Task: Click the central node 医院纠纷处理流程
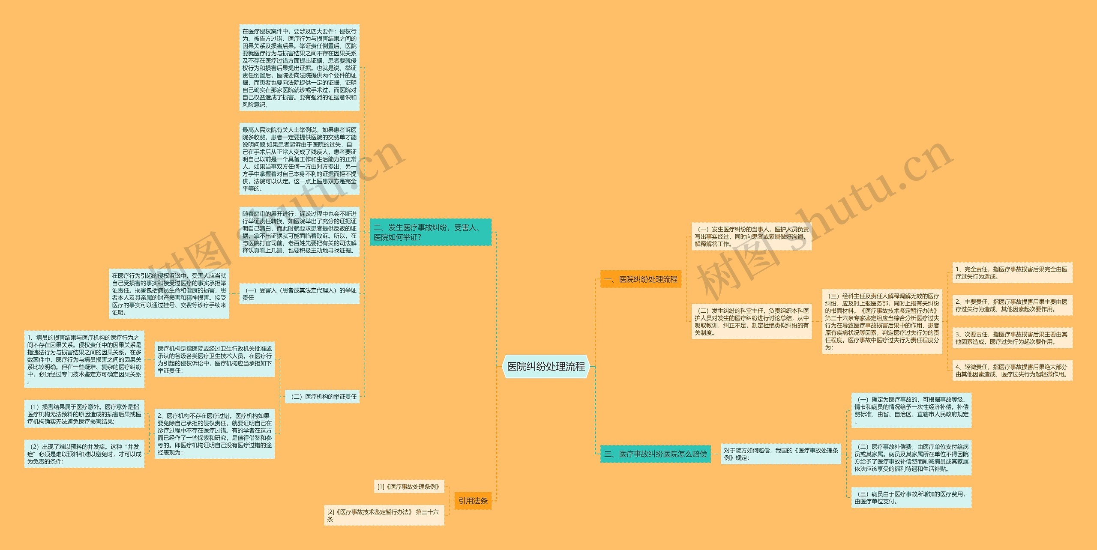(x=546, y=366)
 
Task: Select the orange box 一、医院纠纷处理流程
(x=641, y=279)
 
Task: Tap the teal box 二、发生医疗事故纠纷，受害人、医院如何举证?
(x=430, y=232)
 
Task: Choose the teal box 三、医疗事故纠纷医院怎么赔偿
(x=655, y=454)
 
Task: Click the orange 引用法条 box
(x=473, y=501)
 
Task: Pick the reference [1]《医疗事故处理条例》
(x=409, y=487)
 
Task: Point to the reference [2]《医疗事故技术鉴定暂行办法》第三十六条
(x=384, y=515)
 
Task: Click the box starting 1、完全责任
(x=1012, y=273)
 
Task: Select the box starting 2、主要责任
(x=1012, y=305)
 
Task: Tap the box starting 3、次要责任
(x=1012, y=338)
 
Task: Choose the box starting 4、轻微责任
(x=1012, y=371)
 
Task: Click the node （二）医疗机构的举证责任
(x=322, y=397)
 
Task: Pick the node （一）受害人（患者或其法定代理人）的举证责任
(x=299, y=294)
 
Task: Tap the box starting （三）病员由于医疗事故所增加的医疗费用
(x=911, y=497)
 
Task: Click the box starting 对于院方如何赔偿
(x=781, y=454)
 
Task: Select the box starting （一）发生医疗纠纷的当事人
(x=752, y=236)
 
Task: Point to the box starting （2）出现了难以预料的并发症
(x=84, y=454)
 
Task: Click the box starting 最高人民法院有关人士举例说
(x=299, y=159)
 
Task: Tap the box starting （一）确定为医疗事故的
(x=911, y=410)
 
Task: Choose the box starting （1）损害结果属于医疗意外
(x=84, y=414)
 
